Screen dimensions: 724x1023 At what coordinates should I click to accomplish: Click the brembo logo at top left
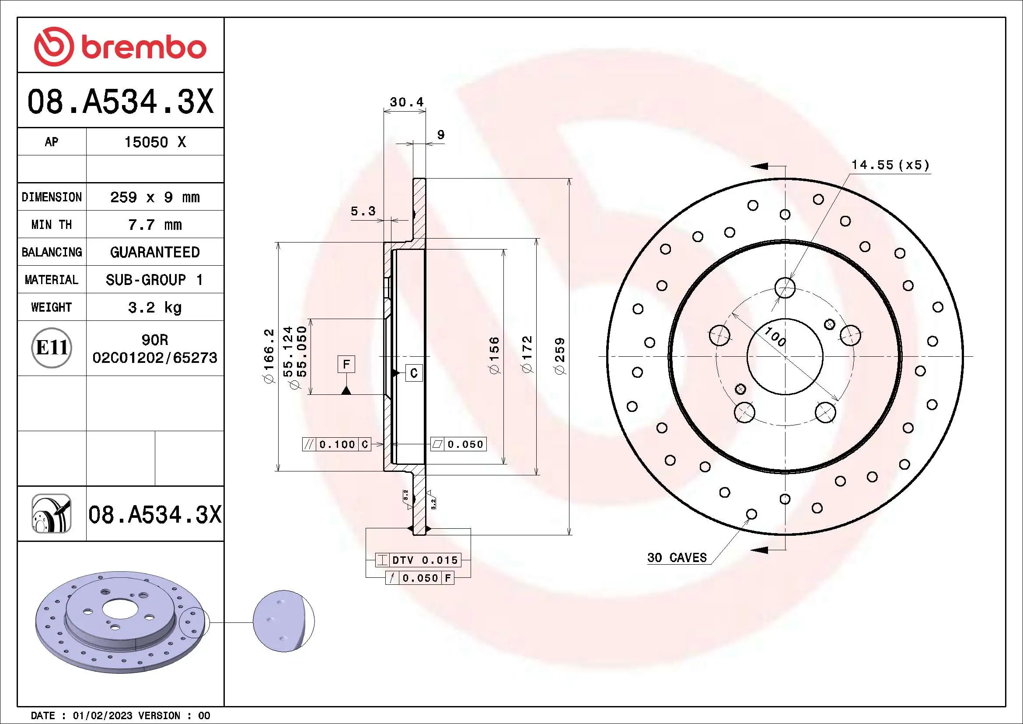[x=120, y=46]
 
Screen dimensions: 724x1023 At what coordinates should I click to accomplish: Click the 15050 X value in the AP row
[x=154, y=142]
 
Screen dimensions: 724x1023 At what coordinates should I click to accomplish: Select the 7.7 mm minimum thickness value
[x=154, y=225]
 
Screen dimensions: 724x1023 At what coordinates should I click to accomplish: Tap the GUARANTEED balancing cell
[x=154, y=252]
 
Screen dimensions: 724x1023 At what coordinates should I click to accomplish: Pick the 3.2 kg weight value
[x=154, y=308]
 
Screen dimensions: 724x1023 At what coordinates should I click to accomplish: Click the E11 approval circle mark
[x=52, y=348]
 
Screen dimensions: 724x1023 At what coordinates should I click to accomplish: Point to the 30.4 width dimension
[x=406, y=102]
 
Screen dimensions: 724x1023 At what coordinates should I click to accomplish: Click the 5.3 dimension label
[x=363, y=211]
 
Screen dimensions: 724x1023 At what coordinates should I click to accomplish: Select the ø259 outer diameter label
[x=560, y=356]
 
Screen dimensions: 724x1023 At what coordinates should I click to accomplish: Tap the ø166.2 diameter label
[x=269, y=356]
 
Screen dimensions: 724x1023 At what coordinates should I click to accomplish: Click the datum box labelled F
[x=346, y=365]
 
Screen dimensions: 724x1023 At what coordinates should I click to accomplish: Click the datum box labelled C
[x=413, y=373]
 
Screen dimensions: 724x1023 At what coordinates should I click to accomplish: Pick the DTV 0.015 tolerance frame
[x=418, y=560]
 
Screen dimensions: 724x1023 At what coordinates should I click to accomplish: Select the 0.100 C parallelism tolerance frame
[x=337, y=444]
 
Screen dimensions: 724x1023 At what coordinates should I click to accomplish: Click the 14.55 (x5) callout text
[x=890, y=165]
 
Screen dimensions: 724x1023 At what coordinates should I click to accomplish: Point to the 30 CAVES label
[x=677, y=558]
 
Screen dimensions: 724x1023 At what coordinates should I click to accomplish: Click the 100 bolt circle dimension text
[x=775, y=337]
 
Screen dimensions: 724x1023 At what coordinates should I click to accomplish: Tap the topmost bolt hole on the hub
[x=785, y=288]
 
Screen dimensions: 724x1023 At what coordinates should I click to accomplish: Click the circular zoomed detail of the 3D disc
[x=283, y=622]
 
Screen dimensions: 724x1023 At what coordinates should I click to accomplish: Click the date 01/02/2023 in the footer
[x=102, y=716]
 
